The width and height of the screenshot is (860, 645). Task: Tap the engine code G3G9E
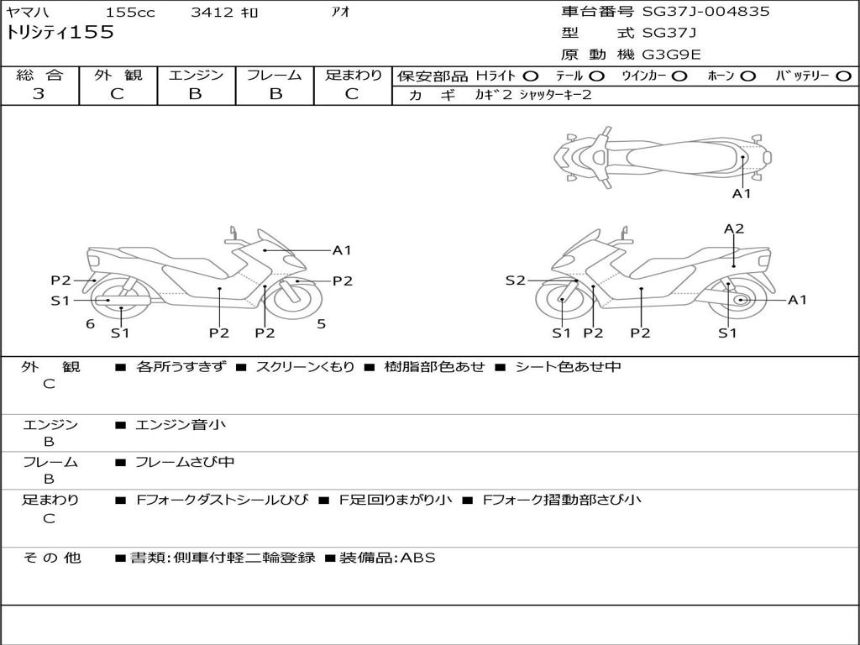tap(671, 55)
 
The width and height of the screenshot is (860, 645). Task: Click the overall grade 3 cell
tap(39, 94)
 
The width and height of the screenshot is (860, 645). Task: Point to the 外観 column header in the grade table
tap(118, 75)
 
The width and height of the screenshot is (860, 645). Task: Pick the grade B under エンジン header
tap(195, 94)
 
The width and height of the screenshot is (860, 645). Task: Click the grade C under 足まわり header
tap(352, 94)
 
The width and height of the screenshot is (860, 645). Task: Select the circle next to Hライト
tap(531, 76)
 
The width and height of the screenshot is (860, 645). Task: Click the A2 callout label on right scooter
tap(734, 228)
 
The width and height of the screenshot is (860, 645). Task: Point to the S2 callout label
tap(515, 281)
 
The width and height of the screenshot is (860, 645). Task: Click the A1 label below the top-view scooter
tap(742, 193)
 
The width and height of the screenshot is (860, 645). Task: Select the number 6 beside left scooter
tap(90, 324)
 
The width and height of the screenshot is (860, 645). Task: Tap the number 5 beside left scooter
tap(321, 323)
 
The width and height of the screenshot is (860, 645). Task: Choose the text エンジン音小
tap(181, 425)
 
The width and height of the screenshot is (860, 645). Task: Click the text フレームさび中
tap(185, 462)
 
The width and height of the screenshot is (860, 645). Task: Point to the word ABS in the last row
tap(417, 557)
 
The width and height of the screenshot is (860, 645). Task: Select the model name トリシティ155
tap(60, 33)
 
